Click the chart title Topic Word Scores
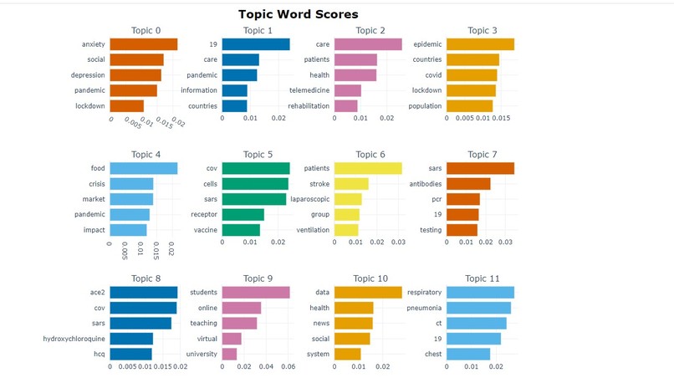[x=298, y=14]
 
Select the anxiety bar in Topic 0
[x=143, y=44]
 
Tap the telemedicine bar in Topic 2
[x=348, y=90]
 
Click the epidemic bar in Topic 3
[x=480, y=44]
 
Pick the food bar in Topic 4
[x=143, y=168]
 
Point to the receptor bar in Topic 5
[x=243, y=215]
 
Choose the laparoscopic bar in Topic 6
[x=348, y=199]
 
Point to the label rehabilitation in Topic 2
[x=309, y=106]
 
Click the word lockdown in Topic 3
[x=425, y=90]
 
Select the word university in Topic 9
[x=202, y=355]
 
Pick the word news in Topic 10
[x=319, y=324]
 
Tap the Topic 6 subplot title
[x=370, y=155]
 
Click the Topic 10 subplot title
[x=370, y=278]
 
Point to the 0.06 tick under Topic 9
[x=288, y=366]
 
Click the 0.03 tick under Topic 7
[x=505, y=243]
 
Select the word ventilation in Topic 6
[x=311, y=230]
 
